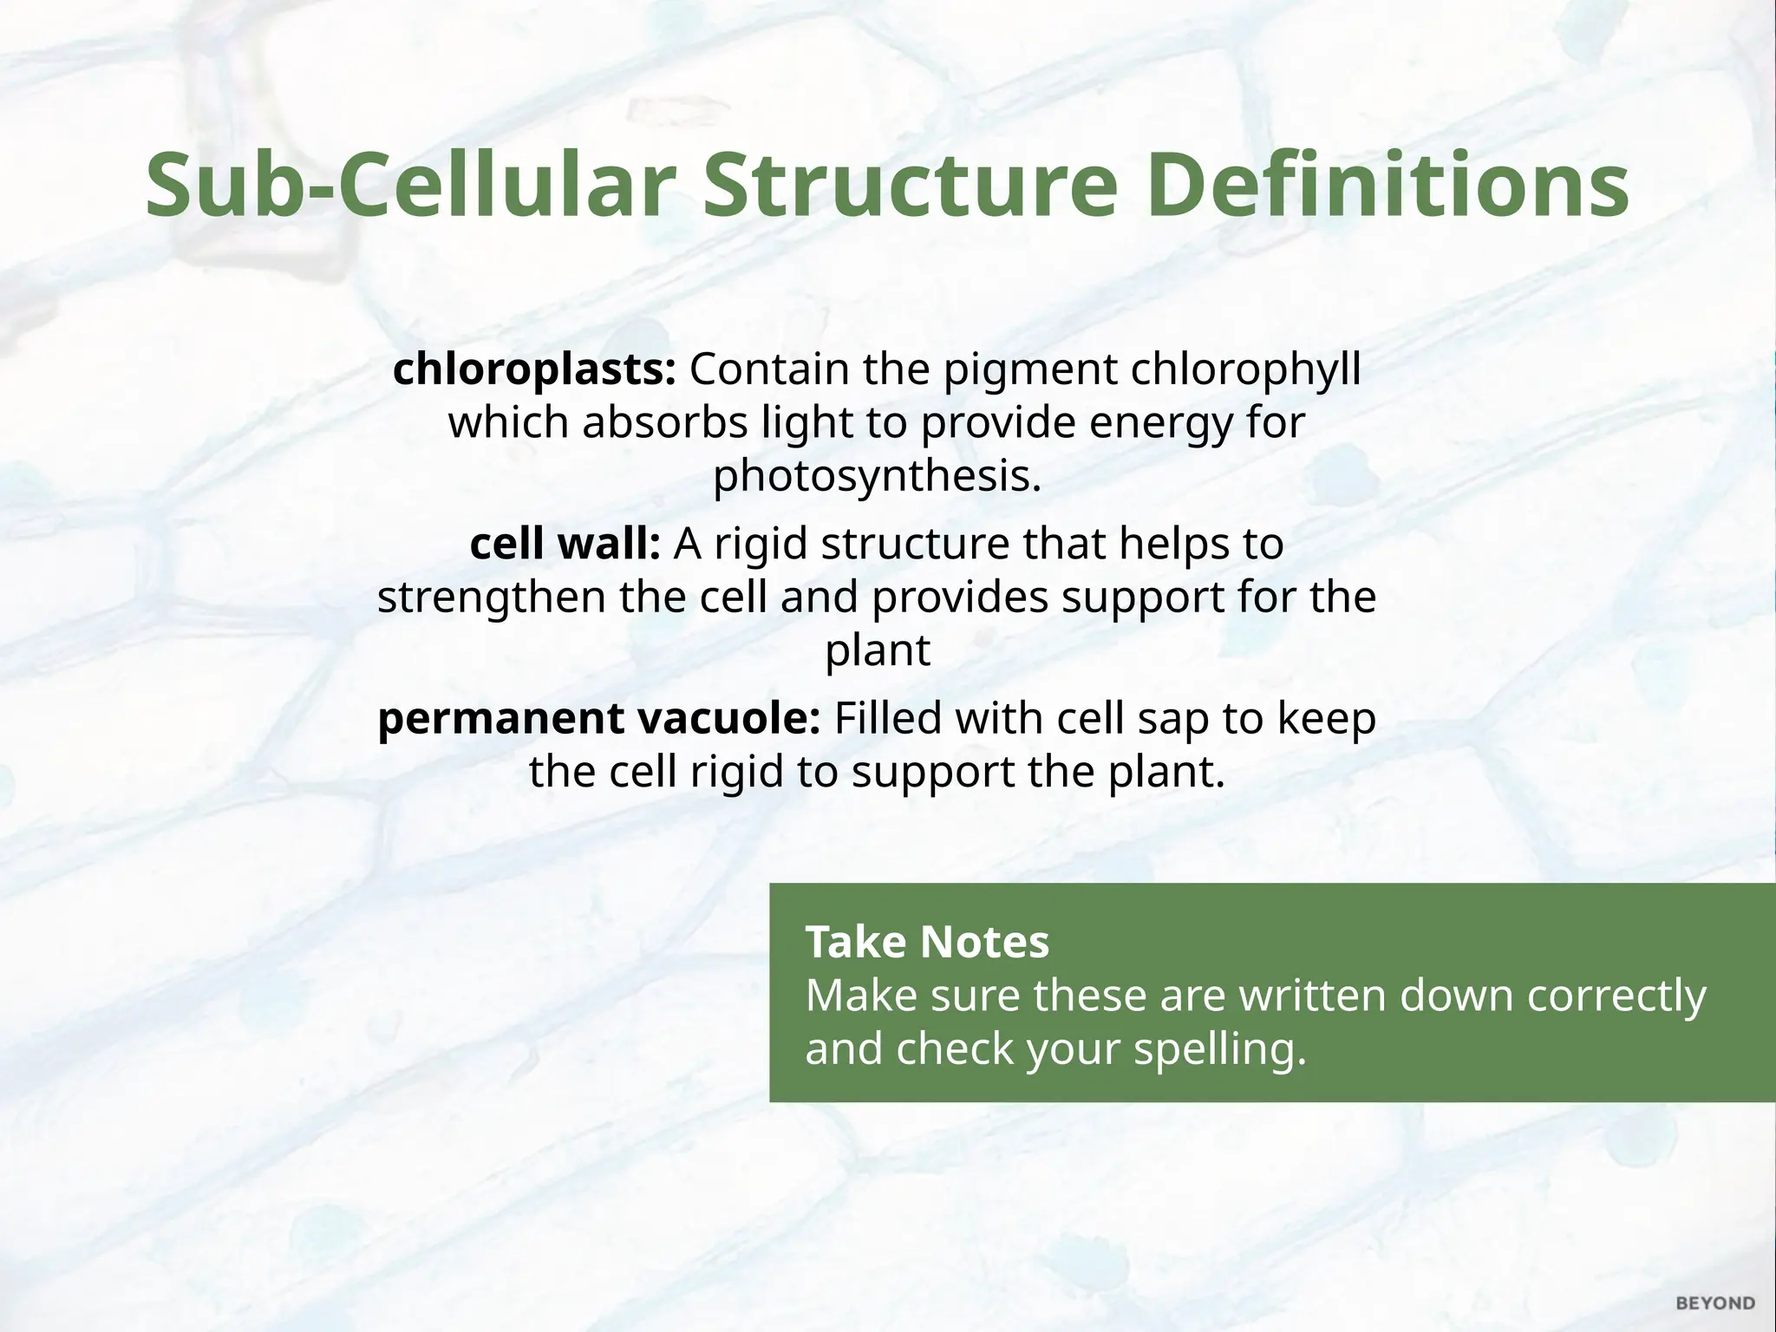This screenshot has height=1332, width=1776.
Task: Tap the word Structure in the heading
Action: pyautogui.click(x=908, y=185)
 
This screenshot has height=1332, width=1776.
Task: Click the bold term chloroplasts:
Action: pyautogui.click(x=534, y=369)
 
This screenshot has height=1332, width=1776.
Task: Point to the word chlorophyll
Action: pyautogui.click(x=1246, y=369)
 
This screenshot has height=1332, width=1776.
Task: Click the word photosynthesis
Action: pyautogui.click(x=876, y=475)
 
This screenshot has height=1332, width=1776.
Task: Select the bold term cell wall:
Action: pyautogui.click(x=565, y=544)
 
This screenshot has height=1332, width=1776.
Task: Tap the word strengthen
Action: pyautogui.click(x=491, y=597)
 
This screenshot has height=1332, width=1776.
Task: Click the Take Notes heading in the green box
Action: pyautogui.click(x=927, y=942)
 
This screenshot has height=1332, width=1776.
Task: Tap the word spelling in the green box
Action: pyautogui.click(x=1219, y=1048)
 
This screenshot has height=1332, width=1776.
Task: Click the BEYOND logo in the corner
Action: pyautogui.click(x=1715, y=1303)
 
